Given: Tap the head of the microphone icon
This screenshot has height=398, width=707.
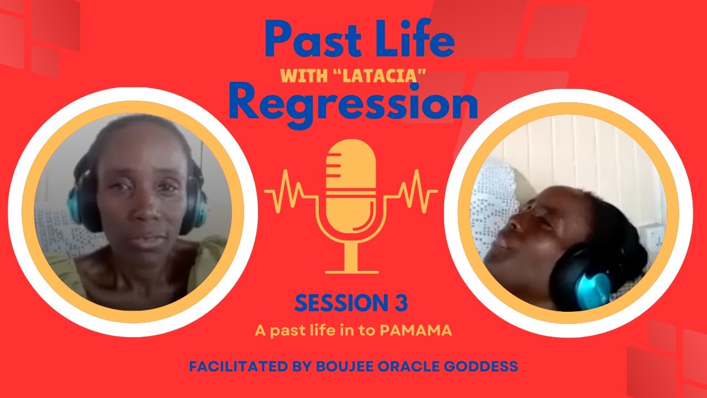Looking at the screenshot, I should pos(351,171).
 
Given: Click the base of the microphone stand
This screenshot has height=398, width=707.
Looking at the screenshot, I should pos(351,270).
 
